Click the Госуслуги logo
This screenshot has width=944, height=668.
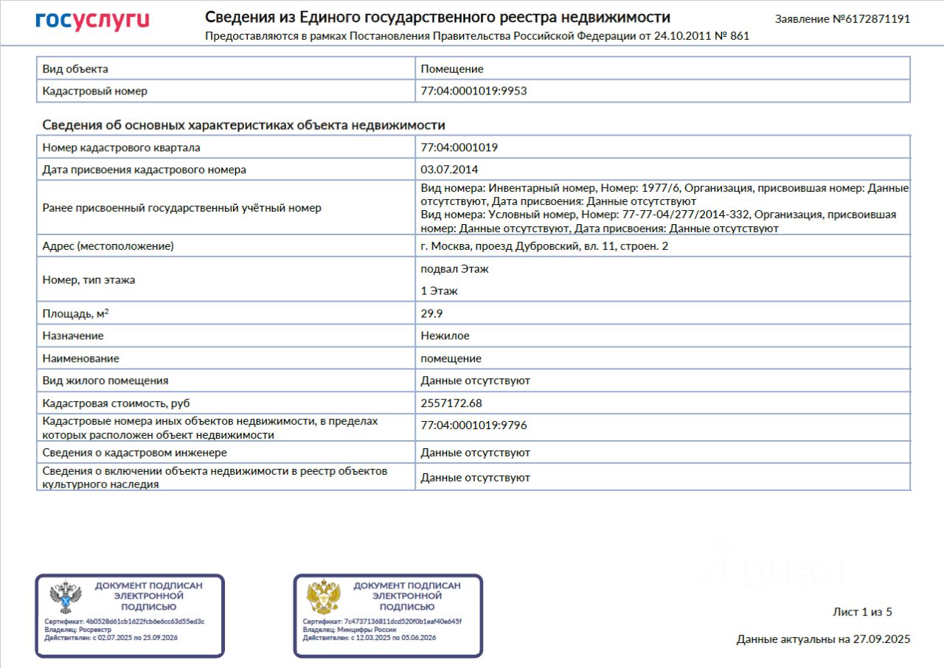[92, 21]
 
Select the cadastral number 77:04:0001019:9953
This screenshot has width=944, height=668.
[473, 91]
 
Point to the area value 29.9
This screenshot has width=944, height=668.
[431, 313]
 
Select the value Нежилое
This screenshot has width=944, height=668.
[445, 335]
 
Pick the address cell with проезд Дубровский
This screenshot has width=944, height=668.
[544, 246]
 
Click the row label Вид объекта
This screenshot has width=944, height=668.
[75, 69]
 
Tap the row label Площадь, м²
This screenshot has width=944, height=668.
[76, 313]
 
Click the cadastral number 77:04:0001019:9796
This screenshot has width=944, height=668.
[473, 425]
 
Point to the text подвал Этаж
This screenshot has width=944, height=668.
[454, 269]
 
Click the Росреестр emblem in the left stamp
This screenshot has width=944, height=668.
[65, 597]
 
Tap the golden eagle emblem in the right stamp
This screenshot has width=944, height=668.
[323, 597]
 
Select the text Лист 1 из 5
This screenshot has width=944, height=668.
[862, 612]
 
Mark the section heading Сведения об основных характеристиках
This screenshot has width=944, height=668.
[243, 125]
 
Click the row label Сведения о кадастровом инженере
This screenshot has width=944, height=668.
[135, 452]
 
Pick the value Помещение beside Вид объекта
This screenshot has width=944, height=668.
[452, 69]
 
